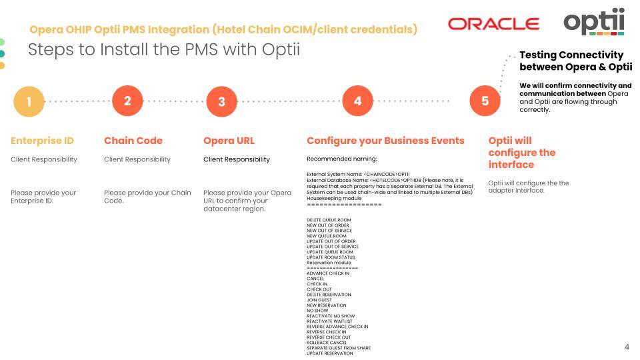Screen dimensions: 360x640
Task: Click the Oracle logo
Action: pos(494,24)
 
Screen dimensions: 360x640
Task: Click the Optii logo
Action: pos(594,21)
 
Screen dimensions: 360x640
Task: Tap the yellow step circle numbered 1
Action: pos(29,102)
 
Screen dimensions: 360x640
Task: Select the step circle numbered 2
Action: pos(127,101)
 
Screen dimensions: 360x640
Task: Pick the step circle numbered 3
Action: pos(221,102)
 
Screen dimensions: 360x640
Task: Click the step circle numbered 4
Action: pos(357,101)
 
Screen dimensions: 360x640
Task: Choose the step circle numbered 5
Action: pos(485,101)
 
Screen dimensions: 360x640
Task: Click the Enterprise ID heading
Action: pos(42,141)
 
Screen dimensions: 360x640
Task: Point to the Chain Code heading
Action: pos(133,141)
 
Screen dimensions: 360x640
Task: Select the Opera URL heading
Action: pos(229,141)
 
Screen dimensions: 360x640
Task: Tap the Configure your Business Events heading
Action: pos(385,141)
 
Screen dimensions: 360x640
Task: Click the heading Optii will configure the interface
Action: pos(521,153)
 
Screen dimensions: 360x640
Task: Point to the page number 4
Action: pos(626,347)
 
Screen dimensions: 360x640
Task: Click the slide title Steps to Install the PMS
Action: pos(163,49)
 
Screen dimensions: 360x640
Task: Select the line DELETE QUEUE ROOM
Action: pos(329,219)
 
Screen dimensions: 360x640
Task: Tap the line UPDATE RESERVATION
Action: pos(330,353)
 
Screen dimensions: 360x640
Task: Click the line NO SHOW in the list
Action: pos(317,311)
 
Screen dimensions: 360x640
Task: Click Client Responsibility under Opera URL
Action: pos(237,159)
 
